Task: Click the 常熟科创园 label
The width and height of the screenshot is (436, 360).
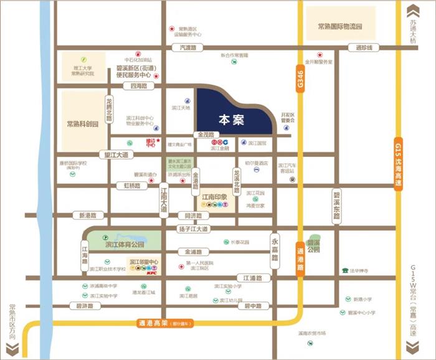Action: [x=83, y=124]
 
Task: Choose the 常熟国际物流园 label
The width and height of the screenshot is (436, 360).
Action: [x=339, y=27]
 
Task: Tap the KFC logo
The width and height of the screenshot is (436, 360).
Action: [x=151, y=272]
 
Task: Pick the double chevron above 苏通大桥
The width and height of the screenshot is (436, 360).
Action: [x=412, y=11]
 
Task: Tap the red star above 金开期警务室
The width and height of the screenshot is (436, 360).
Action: [x=320, y=54]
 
